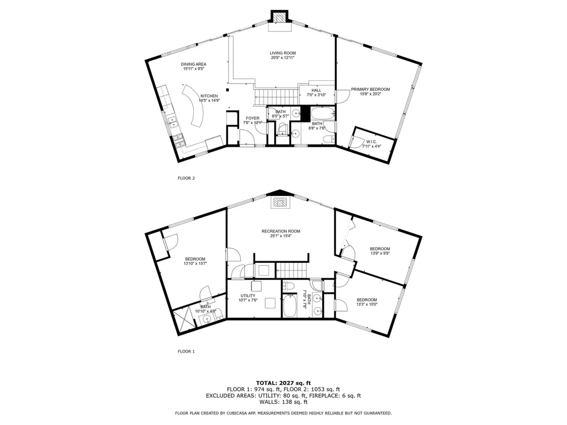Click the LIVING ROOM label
coord(283,53)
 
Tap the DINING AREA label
coord(194,64)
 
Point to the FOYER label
coord(252,118)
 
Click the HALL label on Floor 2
coord(316,90)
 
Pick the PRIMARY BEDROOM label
coord(370,89)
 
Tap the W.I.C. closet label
coord(369,142)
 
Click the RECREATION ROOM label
coord(281,231)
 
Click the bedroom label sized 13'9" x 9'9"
coord(380,248)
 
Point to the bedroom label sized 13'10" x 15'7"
coord(195,259)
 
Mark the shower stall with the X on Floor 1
coord(182,320)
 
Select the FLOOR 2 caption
coord(186,178)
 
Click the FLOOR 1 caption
coord(186,351)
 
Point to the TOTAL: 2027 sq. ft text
coord(283,383)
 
